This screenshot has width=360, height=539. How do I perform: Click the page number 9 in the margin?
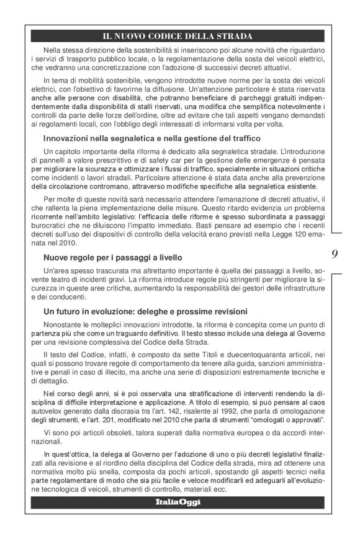point(335,253)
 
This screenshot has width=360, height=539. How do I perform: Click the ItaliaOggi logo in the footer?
point(178,502)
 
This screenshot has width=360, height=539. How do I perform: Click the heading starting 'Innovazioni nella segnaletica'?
point(152,138)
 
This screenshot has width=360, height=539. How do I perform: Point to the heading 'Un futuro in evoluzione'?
point(145,310)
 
